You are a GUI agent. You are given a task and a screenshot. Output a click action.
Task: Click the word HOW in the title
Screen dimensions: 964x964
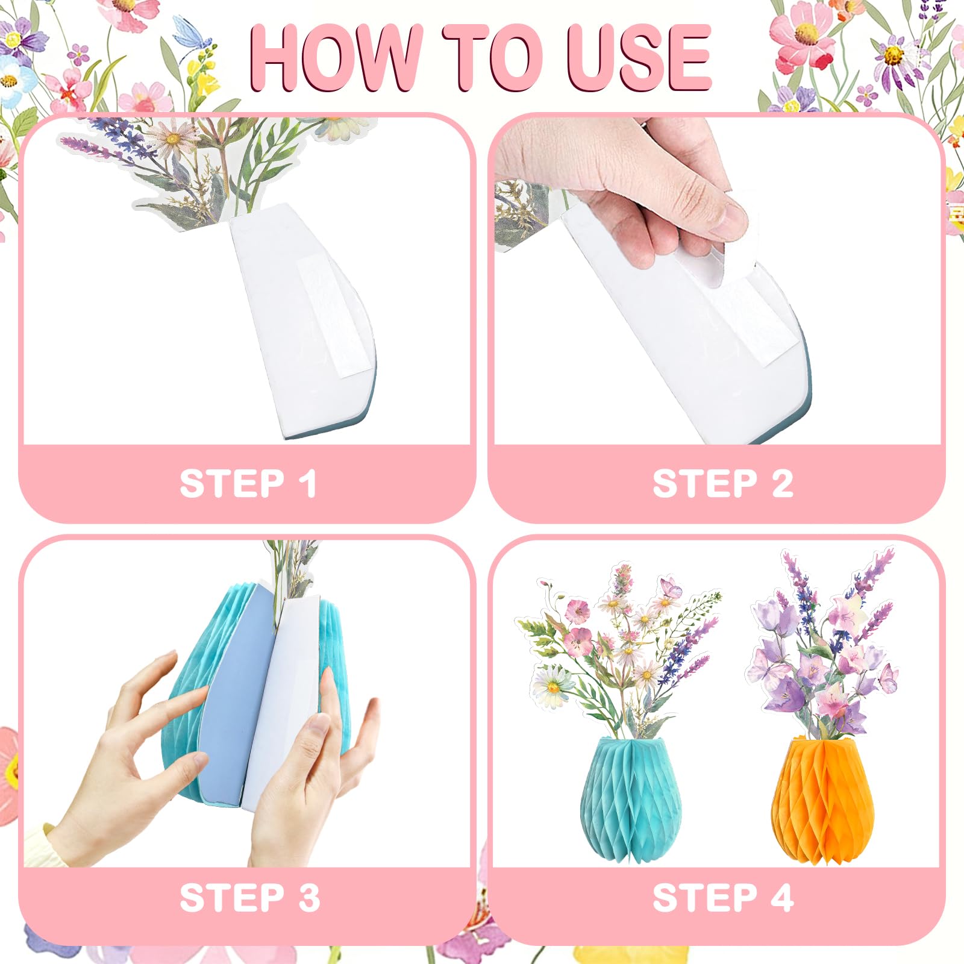point(336,58)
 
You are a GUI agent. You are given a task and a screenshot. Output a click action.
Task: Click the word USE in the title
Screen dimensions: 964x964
point(639,58)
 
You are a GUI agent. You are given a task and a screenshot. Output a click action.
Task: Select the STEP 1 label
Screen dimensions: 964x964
point(248,483)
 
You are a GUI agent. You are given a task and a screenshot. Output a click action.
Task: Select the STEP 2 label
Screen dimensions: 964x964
point(723,483)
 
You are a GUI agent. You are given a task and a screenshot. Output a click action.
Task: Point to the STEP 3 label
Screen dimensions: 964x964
point(249,898)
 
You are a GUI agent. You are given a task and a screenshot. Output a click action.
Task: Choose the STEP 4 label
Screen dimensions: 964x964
point(723,898)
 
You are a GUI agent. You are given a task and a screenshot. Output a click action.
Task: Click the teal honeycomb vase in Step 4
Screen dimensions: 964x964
point(631,798)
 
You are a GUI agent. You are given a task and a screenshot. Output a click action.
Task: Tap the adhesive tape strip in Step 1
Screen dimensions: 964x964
point(328,316)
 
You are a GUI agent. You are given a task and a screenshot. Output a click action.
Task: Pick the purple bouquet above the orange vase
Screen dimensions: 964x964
point(822,645)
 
